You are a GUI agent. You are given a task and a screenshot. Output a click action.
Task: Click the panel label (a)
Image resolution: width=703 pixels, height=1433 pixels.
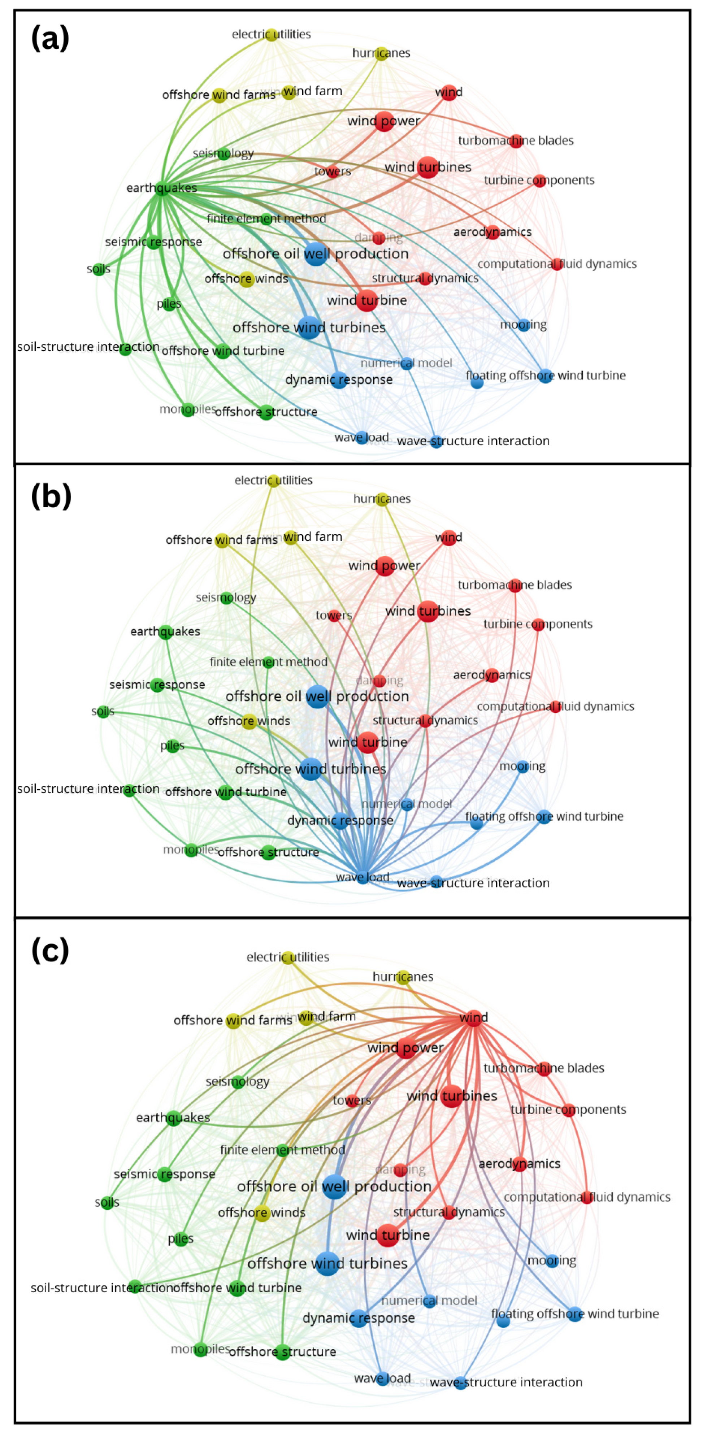point(50,38)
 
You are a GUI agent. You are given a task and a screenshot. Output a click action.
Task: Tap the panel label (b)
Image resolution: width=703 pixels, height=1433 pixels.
point(51,496)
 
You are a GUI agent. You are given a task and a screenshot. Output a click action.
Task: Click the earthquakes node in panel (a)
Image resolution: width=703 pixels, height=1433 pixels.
point(162,188)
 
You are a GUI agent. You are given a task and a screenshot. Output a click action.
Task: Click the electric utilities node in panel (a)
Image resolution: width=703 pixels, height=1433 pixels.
point(272,35)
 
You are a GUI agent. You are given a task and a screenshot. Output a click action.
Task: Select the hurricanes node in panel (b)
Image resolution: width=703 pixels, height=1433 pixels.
point(382,500)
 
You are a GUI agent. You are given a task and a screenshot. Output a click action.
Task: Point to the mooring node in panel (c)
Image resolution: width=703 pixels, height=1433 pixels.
point(552,1260)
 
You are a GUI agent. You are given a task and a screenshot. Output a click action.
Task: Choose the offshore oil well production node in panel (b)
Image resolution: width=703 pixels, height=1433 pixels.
point(318,696)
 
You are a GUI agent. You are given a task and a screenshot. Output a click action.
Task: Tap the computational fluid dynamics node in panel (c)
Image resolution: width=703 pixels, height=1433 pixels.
point(586,1197)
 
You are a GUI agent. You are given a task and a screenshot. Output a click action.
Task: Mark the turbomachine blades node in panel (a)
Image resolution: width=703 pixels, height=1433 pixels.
point(516,140)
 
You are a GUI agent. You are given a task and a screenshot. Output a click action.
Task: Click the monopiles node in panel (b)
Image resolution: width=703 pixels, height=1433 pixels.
point(191,850)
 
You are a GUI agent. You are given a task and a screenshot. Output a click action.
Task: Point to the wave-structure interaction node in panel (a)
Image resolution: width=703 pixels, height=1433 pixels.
point(437,442)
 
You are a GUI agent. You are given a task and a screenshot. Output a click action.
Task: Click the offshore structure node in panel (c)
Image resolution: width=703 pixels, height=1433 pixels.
point(282,1352)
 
